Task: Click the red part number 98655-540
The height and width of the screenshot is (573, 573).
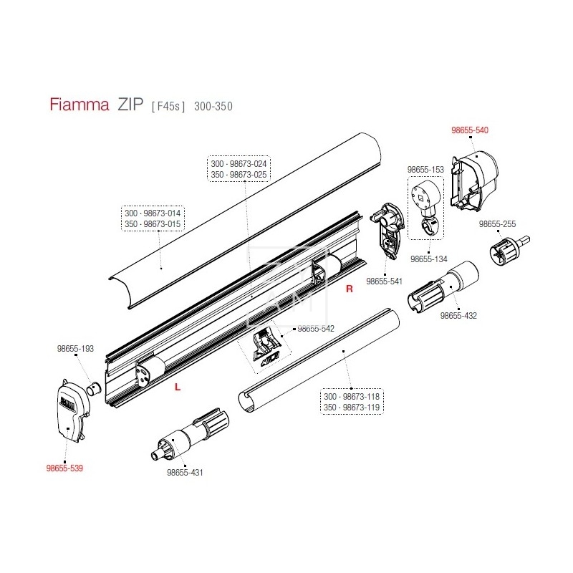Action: pos(469,131)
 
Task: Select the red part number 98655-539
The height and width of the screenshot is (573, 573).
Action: pos(65,468)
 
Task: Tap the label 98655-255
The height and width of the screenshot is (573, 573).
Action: pos(497,224)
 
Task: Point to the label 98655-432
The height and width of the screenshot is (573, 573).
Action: pos(458,315)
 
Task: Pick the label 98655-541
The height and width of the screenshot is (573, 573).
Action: pos(385,282)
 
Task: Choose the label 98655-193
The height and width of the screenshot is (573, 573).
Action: pos(75,349)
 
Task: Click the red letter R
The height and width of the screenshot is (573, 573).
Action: pos(350,289)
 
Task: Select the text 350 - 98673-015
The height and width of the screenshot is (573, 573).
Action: pos(153,224)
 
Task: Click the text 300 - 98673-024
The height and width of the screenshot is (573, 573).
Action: pos(239,164)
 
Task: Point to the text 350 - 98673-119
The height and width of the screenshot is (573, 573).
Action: pos(352,407)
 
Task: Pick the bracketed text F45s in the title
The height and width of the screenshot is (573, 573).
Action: pos(168,106)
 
